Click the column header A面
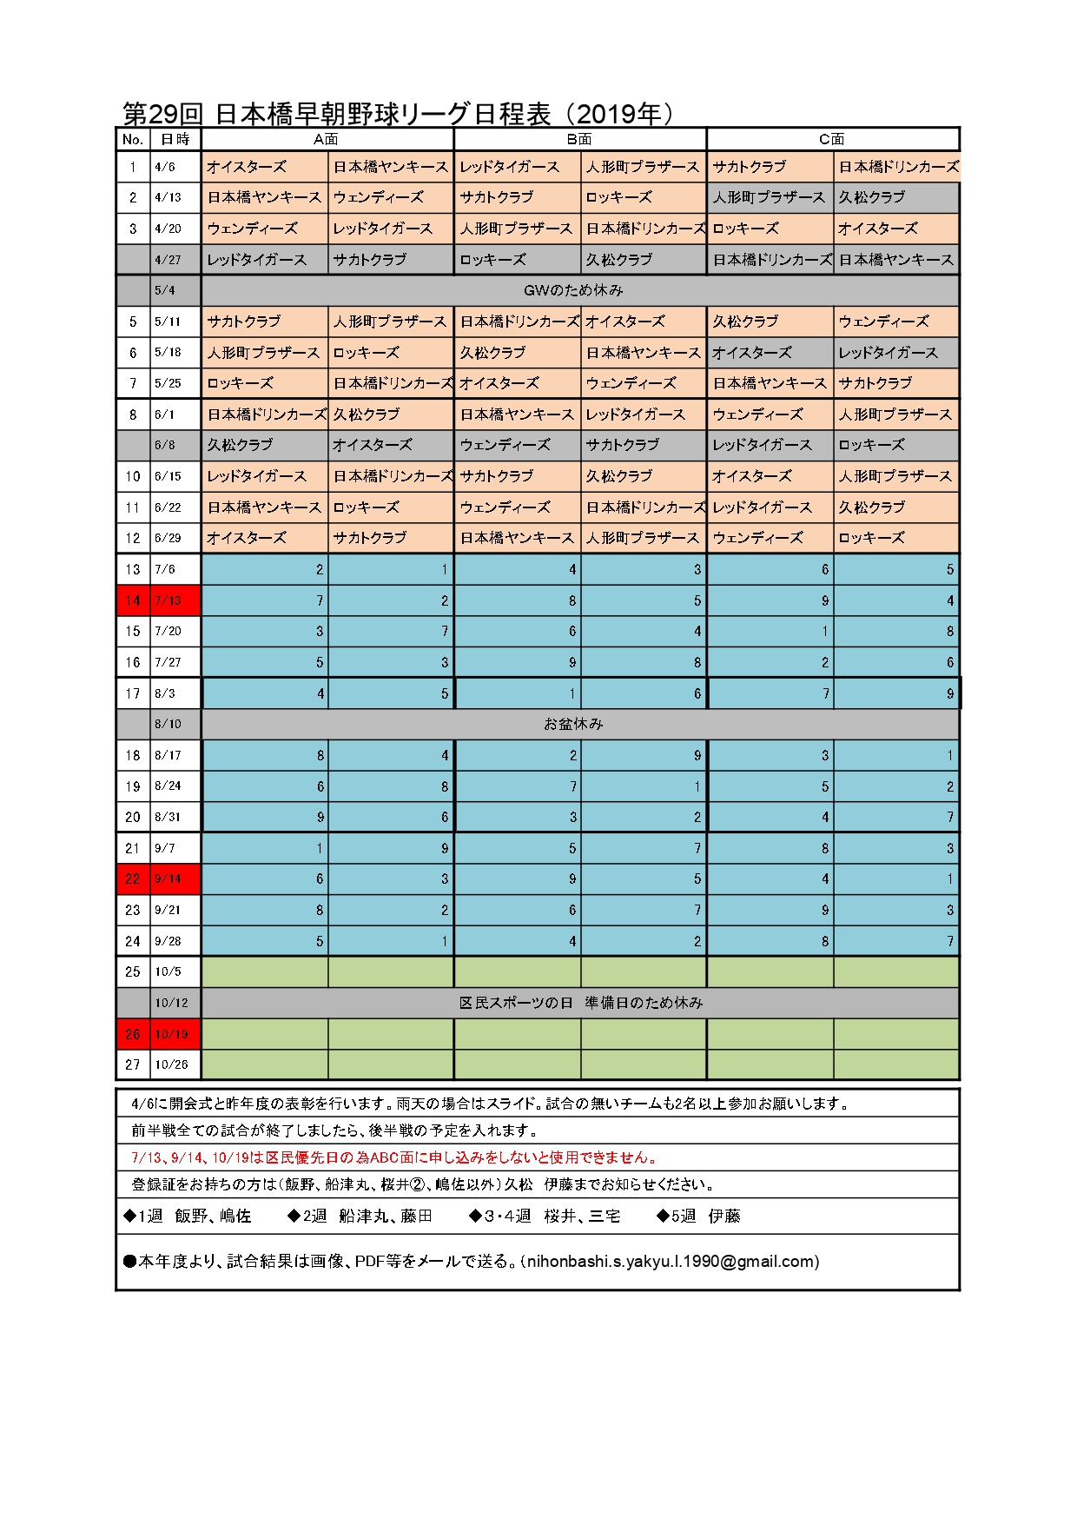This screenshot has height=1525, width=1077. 326,139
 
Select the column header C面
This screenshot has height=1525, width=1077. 832,139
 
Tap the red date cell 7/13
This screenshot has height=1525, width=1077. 168,600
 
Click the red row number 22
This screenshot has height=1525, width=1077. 133,879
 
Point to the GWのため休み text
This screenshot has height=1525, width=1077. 573,290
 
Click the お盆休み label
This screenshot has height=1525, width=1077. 573,724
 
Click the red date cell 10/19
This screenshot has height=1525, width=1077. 172,1034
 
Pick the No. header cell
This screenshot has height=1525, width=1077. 133,139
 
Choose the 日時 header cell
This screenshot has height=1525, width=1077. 175,139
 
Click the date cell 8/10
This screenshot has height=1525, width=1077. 168,724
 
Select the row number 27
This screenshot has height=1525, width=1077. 133,1064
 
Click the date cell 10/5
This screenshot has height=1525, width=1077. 168,971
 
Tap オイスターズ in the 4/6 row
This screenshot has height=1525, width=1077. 247,167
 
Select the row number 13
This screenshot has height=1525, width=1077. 133,569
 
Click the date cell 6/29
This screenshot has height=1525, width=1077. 168,538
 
